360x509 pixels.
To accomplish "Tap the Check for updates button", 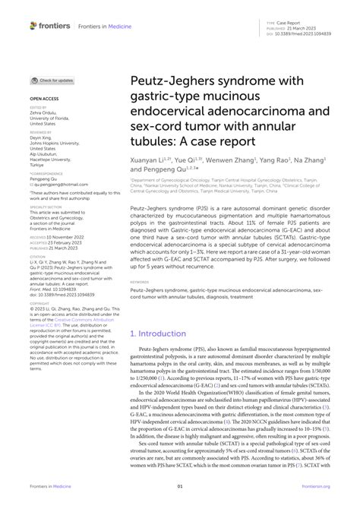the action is pyautogui.click(x=52, y=81).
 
